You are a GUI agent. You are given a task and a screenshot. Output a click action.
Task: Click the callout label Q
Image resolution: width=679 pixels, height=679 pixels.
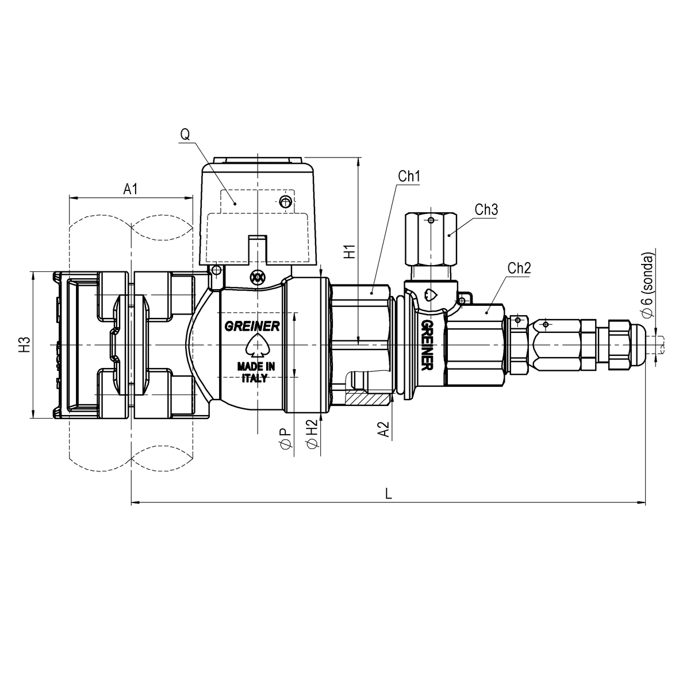tap(185, 135)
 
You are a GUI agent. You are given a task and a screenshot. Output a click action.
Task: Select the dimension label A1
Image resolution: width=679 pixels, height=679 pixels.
tap(131, 189)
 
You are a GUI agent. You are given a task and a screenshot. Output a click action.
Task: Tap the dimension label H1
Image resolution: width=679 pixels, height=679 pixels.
tap(349, 252)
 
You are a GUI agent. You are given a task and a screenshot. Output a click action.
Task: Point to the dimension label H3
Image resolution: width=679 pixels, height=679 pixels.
tap(24, 345)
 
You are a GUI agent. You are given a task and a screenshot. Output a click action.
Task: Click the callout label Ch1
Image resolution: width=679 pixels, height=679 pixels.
tap(409, 177)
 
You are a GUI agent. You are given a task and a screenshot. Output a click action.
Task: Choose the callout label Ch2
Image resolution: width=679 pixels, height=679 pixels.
tap(519, 267)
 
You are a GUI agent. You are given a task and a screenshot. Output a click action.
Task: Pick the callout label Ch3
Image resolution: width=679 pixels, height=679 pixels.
tap(486, 210)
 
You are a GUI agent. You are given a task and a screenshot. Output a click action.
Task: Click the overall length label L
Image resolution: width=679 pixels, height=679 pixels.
tap(389, 494)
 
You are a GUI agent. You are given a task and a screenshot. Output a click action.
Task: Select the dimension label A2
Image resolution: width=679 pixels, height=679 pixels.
tap(383, 430)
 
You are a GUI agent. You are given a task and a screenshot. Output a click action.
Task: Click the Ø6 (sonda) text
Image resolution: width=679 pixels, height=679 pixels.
tap(649, 284)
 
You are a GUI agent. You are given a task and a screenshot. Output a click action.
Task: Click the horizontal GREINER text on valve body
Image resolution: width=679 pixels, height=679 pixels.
tap(252, 326)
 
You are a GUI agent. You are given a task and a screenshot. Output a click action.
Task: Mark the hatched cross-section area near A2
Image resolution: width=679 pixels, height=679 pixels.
tap(368, 398)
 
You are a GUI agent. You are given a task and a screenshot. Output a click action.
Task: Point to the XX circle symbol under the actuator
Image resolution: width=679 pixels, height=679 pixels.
tap(257, 277)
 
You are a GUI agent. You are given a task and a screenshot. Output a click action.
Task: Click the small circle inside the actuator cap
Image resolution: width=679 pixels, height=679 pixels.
tap(284, 201)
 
